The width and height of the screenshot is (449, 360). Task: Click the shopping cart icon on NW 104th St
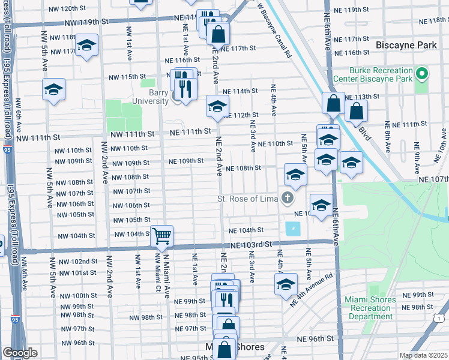pyautogui.click(x=161, y=236)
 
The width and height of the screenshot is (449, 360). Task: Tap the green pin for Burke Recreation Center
pyautogui.click(x=422, y=74)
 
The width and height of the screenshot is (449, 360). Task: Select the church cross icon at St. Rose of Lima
pyautogui.click(x=288, y=198)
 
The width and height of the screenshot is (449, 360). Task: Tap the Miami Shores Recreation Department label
pyautogui.click(x=370, y=308)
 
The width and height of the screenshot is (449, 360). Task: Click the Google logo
pyautogui.click(x=20, y=352)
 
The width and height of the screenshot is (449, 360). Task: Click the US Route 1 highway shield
pyautogui.click(x=442, y=318)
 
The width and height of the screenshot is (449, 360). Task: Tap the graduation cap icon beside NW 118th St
pyautogui.click(x=86, y=45)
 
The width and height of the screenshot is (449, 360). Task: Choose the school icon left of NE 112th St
pyautogui.click(x=217, y=106)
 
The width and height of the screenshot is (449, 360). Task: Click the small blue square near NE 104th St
pyautogui.click(x=293, y=229)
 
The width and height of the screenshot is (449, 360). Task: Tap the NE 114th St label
pyautogui.click(x=240, y=91)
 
